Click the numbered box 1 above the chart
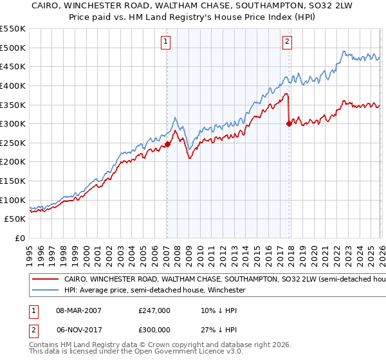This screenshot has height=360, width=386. (x=166, y=42)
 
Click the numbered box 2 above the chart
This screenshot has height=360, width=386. (x=287, y=42)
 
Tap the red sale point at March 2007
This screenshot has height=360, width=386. (x=167, y=144)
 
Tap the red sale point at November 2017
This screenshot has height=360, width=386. (x=289, y=124)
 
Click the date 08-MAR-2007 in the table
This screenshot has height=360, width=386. (x=78, y=310)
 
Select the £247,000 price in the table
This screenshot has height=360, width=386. (x=154, y=310)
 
